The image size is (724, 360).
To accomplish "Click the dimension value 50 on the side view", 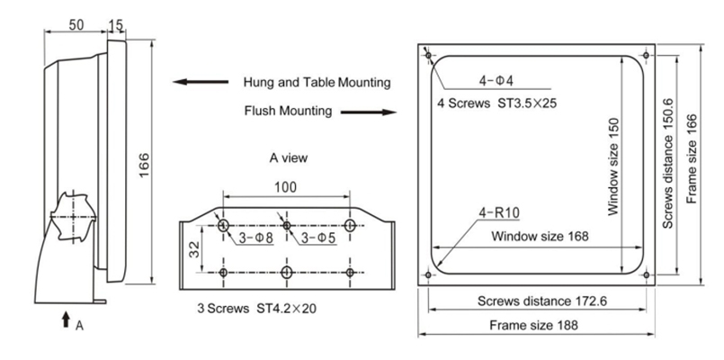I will pyautogui.click(x=77, y=22).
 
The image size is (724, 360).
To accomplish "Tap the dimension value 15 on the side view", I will pyautogui.click(x=116, y=22).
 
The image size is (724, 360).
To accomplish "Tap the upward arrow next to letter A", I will pyautogui.click(x=67, y=319).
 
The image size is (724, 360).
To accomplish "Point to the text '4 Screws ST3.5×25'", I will pyautogui.click(x=497, y=103).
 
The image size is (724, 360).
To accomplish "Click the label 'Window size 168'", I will pyautogui.click(x=539, y=237).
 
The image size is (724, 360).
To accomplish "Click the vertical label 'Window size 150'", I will pyautogui.click(x=612, y=167).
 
